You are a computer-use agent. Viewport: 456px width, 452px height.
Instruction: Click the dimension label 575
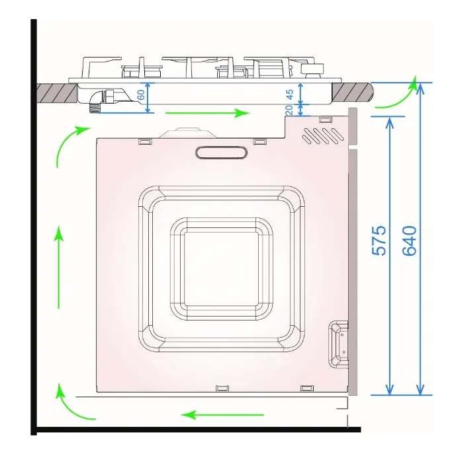(379, 241)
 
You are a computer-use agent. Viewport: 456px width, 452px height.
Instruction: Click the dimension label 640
(410, 241)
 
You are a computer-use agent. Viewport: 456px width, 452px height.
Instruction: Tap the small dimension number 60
(141, 94)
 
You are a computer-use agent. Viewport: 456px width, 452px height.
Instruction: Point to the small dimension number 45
(290, 94)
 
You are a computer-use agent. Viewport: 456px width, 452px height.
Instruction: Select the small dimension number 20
(289, 110)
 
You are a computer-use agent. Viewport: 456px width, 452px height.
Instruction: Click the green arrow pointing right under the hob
(208, 113)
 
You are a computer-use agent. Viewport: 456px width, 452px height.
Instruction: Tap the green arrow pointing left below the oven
(222, 414)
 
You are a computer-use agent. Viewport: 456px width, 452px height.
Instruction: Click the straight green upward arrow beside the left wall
(59, 267)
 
